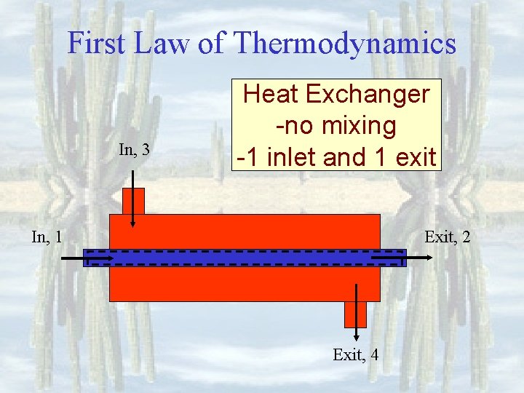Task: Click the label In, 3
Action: click(x=134, y=151)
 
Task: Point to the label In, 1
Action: click(x=46, y=236)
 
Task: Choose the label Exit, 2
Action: click(x=448, y=236)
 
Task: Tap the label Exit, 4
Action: click(x=355, y=355)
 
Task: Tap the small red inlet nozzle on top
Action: click(x=133, y=201)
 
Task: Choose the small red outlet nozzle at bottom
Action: click(x=355, y=314)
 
